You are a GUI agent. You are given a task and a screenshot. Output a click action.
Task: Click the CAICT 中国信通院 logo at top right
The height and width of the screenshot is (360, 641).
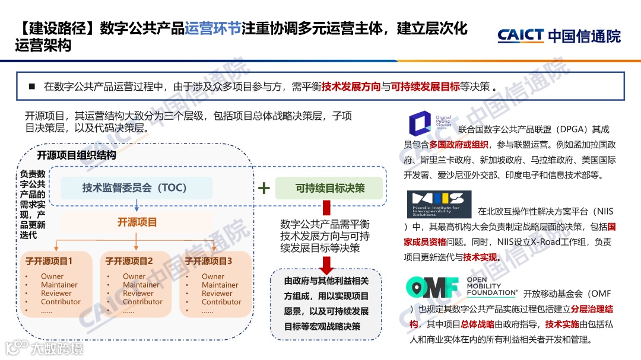(559, 36)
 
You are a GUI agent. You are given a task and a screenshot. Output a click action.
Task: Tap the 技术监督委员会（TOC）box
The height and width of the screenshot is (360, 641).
(136, 188)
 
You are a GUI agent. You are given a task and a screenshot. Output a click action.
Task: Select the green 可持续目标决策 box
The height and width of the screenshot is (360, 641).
(330, 188)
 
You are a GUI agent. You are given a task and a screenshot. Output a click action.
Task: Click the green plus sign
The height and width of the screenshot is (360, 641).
(264, 189)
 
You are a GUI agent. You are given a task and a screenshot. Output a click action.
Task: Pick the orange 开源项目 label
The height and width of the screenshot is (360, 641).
(137, 222)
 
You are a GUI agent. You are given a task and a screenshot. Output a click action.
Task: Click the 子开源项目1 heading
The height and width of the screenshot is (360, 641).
(49, 261)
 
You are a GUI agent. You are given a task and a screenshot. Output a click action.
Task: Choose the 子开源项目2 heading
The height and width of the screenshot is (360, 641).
(129, 261)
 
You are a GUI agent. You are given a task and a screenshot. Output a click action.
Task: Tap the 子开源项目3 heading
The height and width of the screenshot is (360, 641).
(208, 261)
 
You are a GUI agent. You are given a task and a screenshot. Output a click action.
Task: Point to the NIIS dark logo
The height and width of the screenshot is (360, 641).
(439, 204)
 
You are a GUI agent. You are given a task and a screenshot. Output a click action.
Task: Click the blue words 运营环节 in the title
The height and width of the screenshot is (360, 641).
(212, 28)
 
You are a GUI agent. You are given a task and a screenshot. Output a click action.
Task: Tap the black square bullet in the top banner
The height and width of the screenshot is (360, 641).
(32, 87)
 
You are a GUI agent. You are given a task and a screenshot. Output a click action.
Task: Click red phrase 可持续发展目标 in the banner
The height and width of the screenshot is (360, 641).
(426, 87)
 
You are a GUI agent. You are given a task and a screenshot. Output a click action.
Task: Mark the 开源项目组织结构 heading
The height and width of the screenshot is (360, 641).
(77, 155)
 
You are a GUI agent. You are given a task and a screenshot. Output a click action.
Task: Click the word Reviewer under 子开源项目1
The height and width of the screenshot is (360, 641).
(56, 293)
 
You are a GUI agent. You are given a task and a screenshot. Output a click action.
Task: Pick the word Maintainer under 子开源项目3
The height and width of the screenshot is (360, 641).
(220, 285)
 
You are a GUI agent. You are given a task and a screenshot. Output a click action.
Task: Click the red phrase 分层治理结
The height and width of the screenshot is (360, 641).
(588, 309)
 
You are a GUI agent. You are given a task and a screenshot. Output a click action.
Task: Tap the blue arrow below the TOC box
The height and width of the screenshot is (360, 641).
(137, 206)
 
